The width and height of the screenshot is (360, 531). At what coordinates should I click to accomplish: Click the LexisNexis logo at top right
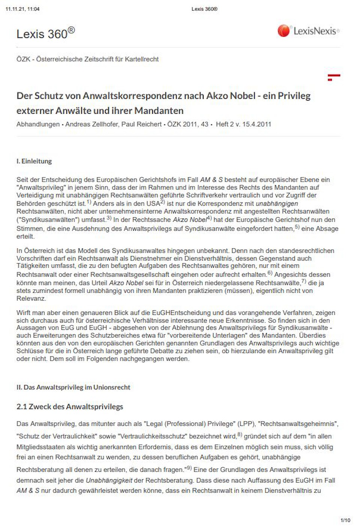coord(308,31)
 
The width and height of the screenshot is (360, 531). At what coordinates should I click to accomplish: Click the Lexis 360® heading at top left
coord(45,34)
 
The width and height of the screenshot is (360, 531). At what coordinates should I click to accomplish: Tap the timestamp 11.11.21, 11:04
coord(22,9)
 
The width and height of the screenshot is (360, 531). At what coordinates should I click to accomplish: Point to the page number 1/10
coord(345,520)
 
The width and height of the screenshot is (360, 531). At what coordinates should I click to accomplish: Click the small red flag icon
coord(334,77)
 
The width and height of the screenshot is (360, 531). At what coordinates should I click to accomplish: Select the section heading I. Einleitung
coord(34,161)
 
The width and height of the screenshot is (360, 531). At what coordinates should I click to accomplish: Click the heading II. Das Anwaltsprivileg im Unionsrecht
coord(73,387)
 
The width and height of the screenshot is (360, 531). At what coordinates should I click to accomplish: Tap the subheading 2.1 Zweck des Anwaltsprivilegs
coord(70,407)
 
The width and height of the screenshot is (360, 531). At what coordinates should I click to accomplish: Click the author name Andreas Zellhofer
coord(91,124)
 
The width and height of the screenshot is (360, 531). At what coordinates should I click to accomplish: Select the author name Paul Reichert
coord(141,124)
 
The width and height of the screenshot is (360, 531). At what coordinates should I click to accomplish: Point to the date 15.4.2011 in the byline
coord(256,124)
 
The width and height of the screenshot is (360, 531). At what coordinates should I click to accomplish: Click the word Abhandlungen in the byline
coord(38,124)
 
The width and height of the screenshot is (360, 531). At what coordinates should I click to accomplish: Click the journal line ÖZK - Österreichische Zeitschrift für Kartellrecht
coord(87,59)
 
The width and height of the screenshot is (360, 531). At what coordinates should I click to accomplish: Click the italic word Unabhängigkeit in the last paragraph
coord(109,480)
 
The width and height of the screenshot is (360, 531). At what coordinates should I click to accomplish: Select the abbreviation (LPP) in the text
coord(246,424)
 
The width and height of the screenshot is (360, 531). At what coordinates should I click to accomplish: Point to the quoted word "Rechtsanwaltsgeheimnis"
coord(298,424)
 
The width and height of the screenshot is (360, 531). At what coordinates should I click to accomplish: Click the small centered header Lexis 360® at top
coord(204,9)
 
